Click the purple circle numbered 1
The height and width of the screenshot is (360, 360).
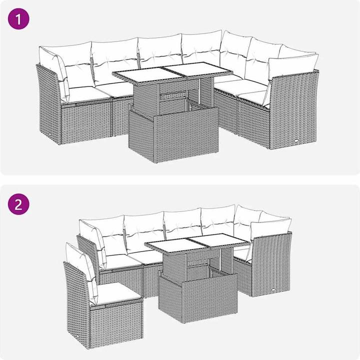point(18,19)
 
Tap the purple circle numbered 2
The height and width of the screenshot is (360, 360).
point(18,204)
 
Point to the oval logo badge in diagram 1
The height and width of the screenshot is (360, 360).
point(296,141)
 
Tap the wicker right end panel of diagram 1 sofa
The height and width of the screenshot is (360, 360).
point(293,110)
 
